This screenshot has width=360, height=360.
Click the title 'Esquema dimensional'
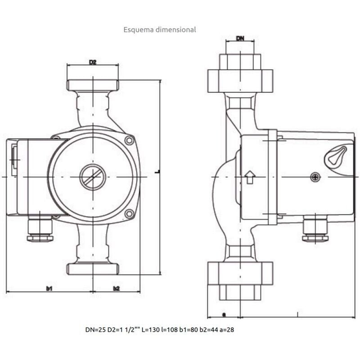[x=160, y=30]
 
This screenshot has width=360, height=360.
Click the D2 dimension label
[x=93, y=62]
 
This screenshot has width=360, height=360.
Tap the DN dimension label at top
[x=240, y=39]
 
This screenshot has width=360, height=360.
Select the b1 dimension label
[x=49, y=288]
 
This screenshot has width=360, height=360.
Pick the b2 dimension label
[x=117, y=288]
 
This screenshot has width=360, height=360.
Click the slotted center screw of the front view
[x=93, y=177]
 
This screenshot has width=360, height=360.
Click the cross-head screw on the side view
[x=315, y=178]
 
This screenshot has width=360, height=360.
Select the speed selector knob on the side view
[x=337, y=155]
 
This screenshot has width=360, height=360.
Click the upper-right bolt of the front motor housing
[x=130, y=141]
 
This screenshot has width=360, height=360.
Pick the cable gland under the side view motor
[x=315, y=229]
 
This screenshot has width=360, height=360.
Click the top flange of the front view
[x=93, y=85]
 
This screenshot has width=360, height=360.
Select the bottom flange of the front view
[x=93, y=269]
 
